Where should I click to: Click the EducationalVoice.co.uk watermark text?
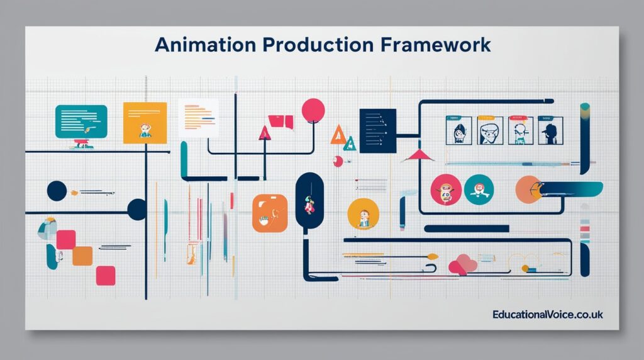point(548,314)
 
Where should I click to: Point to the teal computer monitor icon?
point(81,121)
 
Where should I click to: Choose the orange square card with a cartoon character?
point(145,122)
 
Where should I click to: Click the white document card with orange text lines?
point(198,118)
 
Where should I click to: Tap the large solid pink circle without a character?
point(313,110)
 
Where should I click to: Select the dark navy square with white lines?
point(377,130)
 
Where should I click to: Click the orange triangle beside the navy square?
point(338,134)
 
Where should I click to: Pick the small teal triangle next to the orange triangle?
point(350,144)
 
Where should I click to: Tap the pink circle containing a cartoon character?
point(446,189)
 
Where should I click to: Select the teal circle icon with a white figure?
point(479,189)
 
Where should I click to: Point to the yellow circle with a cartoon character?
point(363,214)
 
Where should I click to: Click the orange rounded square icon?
point(269,213)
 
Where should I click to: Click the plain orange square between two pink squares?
point(82,256)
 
